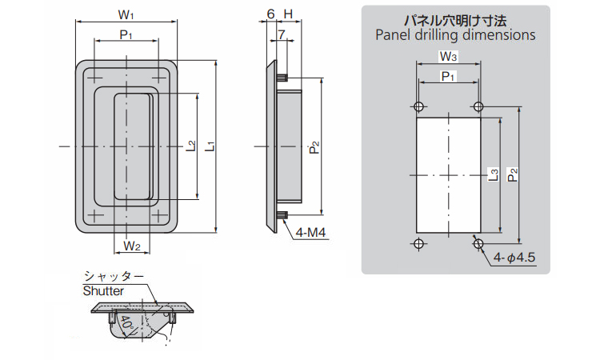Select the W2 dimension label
tap(133, 246)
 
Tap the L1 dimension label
tap(210, 146)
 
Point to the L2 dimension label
tap(190, 146)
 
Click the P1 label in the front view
tap(125, 34)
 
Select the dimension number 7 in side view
tap(282, 35)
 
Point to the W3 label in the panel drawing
tap(448, 57)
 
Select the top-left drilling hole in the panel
tap(418, 107)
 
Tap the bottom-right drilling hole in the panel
tap(478, 242)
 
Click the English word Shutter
tap(104, 291)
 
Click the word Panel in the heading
tap(392, 35)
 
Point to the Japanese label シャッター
tap(114, 276)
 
